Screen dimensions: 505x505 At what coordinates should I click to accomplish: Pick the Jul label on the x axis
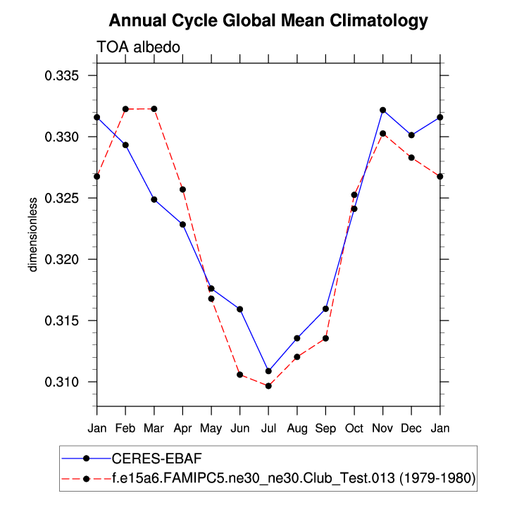(x=268, y=428)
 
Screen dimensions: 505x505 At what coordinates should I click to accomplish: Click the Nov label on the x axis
(x=383, y=428)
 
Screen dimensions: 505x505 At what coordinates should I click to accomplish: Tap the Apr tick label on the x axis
(x=182, y=428)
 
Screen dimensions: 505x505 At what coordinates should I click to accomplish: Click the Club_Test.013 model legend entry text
(x=293, y=479)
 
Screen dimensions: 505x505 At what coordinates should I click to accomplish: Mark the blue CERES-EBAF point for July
(x=268, y=371)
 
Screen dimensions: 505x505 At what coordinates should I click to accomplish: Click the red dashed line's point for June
(x=240, y=375)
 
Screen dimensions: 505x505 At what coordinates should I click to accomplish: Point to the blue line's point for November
(x=383, y=110)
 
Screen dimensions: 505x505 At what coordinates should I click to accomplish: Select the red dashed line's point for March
(x=154, y=108)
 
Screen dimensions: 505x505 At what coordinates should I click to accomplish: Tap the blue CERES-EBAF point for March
(x=154, y=199)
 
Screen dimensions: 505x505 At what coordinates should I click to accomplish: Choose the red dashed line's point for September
(x=326, y=339)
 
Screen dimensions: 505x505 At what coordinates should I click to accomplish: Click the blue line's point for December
(x=412, y=135)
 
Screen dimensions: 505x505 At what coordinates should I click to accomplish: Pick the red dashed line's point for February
(x=125, y=109)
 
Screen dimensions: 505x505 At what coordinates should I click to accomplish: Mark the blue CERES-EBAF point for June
(x=240, y=309)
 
